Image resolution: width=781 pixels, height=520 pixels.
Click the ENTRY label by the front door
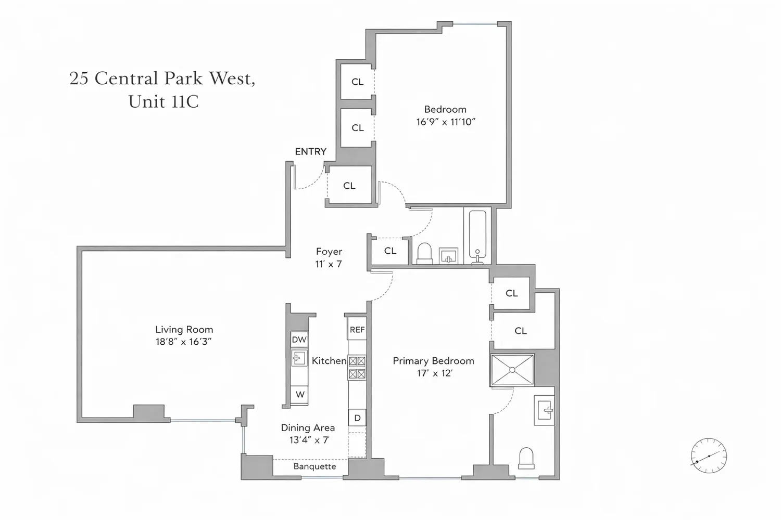(311, 151)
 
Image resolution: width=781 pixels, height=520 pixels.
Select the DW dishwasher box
(299, 339)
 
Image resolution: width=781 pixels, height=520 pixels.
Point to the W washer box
(299, 395)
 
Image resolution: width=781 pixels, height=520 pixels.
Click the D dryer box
(357, 418)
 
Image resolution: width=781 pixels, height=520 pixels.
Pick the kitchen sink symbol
(299, 358)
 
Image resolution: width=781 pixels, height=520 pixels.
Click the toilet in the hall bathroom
(424, 254)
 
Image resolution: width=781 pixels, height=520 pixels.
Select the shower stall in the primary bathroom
(512, 370)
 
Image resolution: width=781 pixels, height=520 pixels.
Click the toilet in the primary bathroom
(526, 458)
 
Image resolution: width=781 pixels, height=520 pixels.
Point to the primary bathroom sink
(544, 410)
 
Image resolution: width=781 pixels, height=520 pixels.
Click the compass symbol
(709, 456)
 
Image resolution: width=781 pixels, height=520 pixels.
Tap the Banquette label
(314, 466)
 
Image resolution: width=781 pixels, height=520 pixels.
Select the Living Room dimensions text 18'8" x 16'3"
(184, 342)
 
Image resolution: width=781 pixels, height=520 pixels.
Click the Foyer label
(329, 252)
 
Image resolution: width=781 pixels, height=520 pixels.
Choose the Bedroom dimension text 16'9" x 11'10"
(446, 122)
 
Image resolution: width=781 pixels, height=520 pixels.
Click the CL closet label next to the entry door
(349, 186)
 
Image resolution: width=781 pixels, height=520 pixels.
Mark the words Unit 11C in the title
(163, 102)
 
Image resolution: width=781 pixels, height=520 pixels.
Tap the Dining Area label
(308, 428)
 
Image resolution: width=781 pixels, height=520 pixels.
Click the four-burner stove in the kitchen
(357, 368)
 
